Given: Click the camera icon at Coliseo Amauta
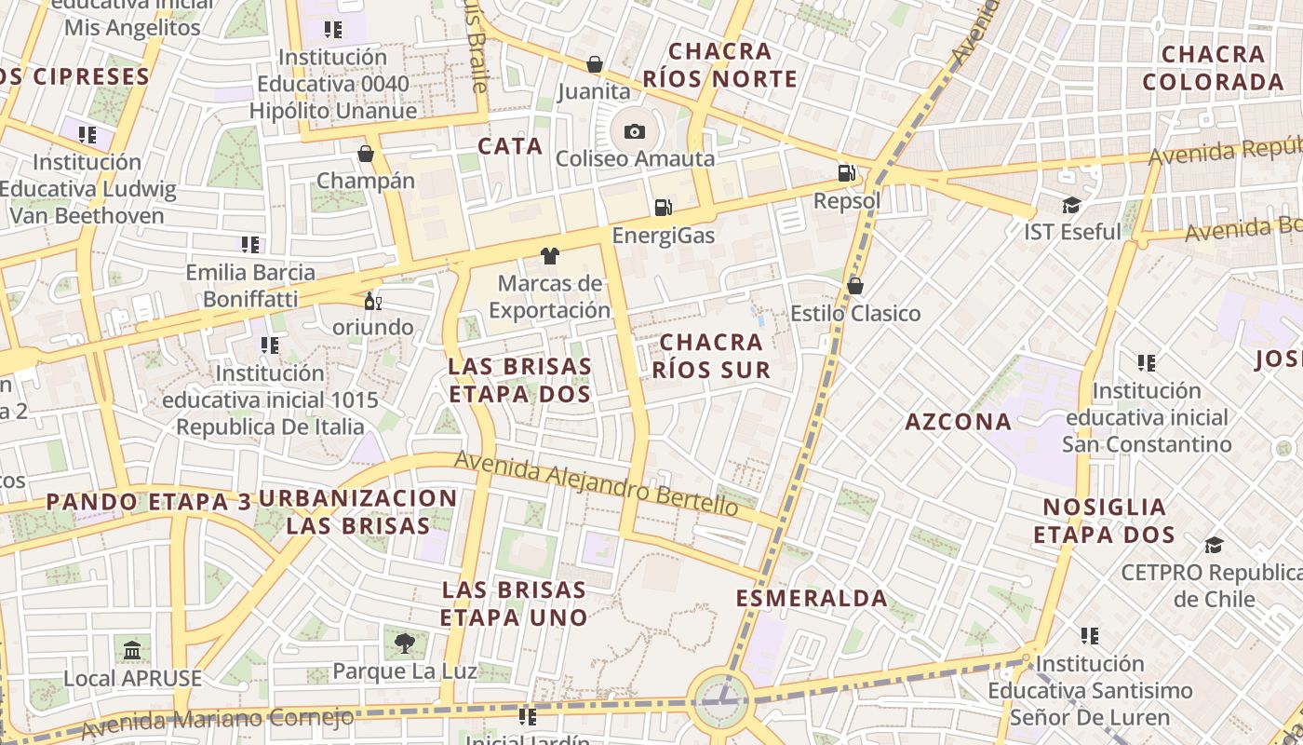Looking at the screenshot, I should click(635, 131).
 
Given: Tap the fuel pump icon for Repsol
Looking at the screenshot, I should click(846, 172).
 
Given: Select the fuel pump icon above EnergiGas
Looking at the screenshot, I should click(663, 207).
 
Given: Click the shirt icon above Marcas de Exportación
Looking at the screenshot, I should click(549, 255).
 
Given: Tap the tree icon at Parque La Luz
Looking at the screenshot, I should click(404, 643).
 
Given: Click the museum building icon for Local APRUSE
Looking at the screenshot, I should click(132, 649).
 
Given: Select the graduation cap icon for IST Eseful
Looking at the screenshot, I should click(1072, 204).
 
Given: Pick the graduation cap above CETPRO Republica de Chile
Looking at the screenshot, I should click(1214, 544).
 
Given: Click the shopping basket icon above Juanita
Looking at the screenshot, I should click(594, 64).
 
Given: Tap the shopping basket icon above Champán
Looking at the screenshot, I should click(366, 153).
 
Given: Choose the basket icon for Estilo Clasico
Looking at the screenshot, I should click(854, 286).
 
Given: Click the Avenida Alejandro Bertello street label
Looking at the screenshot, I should click(596, 483).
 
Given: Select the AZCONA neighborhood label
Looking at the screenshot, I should click(959, 422).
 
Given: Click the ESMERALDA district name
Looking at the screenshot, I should click(812, 598).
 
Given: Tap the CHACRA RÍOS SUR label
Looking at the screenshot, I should click(712, 357).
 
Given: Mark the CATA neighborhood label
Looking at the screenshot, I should click(510, 146).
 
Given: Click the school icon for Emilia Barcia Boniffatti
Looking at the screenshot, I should click(249, 245).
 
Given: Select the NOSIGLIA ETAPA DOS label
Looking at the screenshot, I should click(1104, 521).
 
